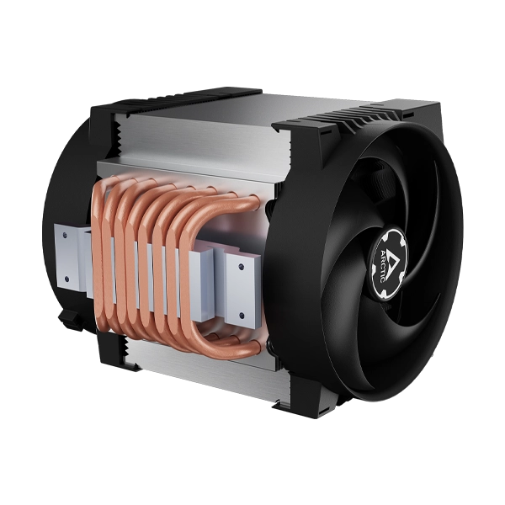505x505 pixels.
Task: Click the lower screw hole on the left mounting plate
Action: tap(66, 279)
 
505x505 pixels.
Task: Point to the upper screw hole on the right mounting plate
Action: tap(241, 266)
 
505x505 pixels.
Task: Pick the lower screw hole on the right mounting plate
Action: tap(242, 315)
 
